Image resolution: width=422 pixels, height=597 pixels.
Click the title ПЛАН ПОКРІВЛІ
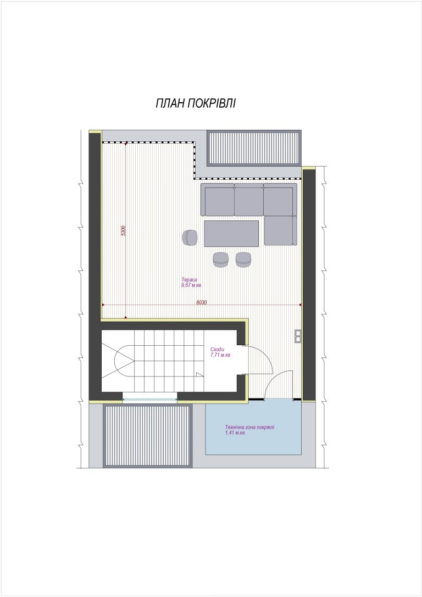196,103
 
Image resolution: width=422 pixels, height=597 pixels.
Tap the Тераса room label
189,279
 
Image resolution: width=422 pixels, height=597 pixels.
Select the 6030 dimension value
202,303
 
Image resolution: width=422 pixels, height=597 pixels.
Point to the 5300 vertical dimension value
123,231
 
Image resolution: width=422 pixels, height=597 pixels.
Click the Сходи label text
217,350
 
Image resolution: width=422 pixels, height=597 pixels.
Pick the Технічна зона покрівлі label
249,427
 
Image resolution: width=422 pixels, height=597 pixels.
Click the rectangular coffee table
231,234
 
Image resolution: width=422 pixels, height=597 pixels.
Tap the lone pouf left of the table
190,237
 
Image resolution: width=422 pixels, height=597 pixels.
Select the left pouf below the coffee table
220,259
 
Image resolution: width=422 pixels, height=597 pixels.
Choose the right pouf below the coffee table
243,259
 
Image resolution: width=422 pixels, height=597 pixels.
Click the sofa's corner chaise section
281,230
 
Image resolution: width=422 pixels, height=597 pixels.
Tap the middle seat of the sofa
249,201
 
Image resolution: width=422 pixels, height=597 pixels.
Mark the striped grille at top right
254,148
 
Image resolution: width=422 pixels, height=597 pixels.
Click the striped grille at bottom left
147,436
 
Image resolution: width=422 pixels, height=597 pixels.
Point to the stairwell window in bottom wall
150,399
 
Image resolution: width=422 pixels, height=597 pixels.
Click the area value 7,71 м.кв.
221,355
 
